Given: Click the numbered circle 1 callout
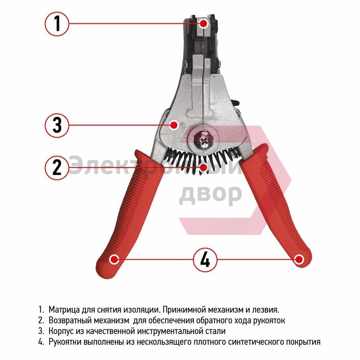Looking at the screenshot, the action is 57,24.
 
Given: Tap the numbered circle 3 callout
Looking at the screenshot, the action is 57,125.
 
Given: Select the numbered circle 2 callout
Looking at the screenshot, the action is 57,167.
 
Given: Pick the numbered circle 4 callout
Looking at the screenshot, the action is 205,260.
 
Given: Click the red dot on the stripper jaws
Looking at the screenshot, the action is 204,23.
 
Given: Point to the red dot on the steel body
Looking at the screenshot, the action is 174,125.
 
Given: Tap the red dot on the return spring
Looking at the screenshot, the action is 203,167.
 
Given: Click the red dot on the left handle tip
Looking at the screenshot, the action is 114,260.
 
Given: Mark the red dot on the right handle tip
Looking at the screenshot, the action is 299,260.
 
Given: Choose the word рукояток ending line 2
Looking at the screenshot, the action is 269,320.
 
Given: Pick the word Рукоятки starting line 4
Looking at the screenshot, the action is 65,342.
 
